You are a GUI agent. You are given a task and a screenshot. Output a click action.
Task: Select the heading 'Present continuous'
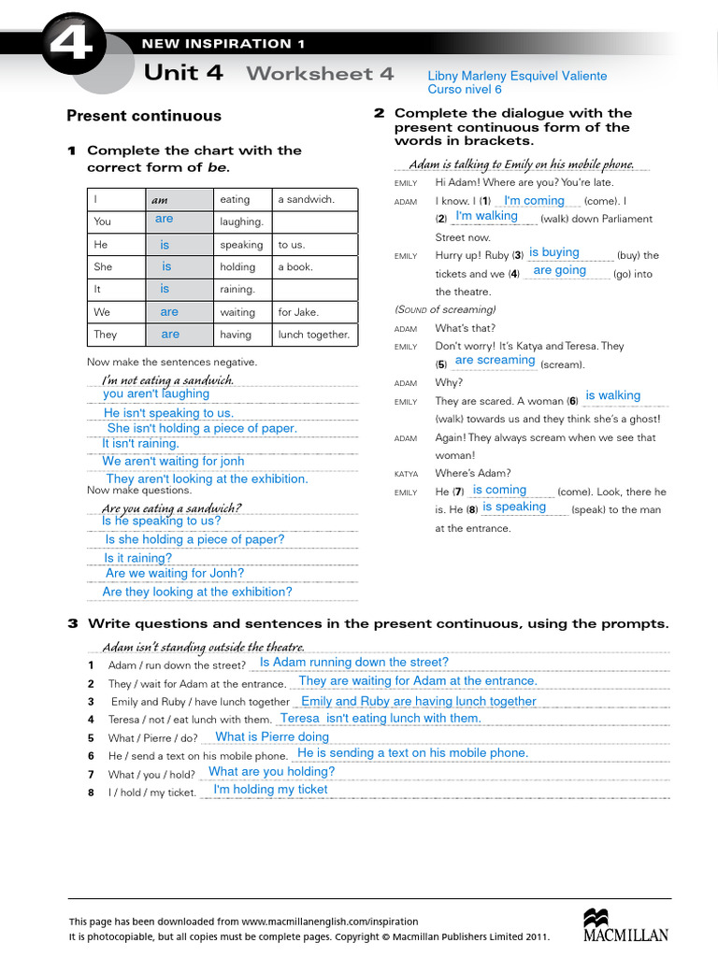144,116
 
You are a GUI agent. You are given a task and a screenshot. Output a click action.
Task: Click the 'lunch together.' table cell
313,335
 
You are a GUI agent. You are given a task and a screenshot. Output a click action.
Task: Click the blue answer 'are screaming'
495,360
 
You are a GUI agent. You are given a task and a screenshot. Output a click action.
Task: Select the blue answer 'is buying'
553,252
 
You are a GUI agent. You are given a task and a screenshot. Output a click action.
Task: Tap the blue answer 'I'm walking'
486,216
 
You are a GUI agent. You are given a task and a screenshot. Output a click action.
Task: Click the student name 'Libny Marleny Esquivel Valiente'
517,76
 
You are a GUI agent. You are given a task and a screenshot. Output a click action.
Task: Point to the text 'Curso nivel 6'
465,90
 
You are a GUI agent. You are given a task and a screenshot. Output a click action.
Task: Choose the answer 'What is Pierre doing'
272,736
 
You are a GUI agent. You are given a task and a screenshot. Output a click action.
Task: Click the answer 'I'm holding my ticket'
270,789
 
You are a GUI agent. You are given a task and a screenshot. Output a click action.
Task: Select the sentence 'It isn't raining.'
140,444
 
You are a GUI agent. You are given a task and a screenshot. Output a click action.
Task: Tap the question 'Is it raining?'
137,558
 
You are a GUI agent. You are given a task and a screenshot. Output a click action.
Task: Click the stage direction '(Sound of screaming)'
445,309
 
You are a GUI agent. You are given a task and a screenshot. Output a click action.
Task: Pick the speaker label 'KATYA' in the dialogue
406,474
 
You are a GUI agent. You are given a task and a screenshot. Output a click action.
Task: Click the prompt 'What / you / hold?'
151,774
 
